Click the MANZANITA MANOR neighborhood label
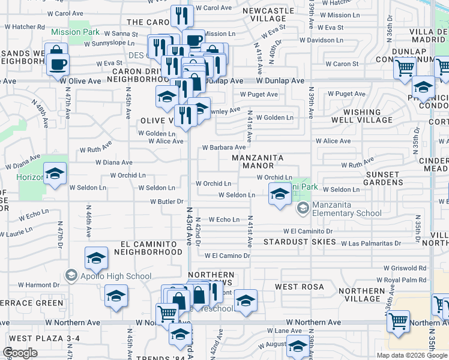[x=258, y=162]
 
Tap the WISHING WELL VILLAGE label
[x=368, y=116]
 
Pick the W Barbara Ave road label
[x=224, y=147]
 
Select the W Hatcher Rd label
[x=25, y=26]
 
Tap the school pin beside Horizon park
[x=55, y=175]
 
